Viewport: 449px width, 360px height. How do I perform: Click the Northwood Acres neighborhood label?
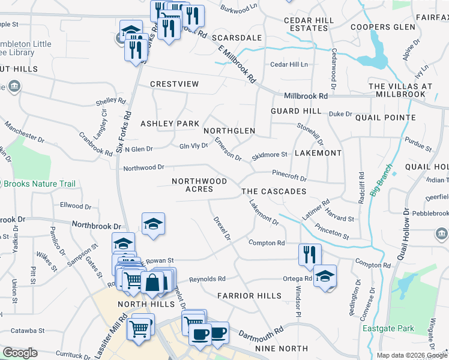pos(199,185)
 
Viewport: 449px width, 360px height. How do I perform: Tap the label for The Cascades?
pos(274,191)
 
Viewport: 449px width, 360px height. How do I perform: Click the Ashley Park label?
pos(169,124)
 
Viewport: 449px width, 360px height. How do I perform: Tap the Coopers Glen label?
pos(382,28)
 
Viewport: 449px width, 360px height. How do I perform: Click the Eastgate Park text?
pos(388,328)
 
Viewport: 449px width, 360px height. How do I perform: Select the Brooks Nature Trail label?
pos(35,185)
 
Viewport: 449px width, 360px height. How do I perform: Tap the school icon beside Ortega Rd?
pos(325,276)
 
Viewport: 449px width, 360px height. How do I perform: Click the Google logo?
pos(20,353)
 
